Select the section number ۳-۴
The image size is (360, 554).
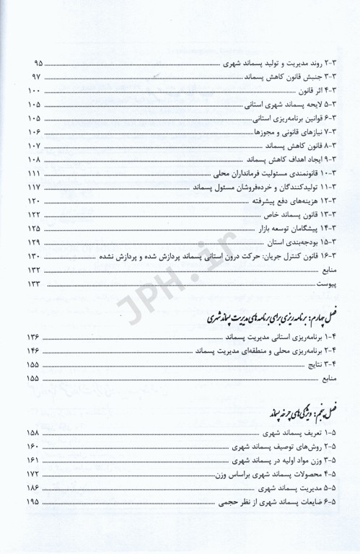(331, 92)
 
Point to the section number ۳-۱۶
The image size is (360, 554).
(329, 256)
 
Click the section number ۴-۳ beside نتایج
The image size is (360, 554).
(331, 364)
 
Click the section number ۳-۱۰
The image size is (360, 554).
(329, 175)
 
